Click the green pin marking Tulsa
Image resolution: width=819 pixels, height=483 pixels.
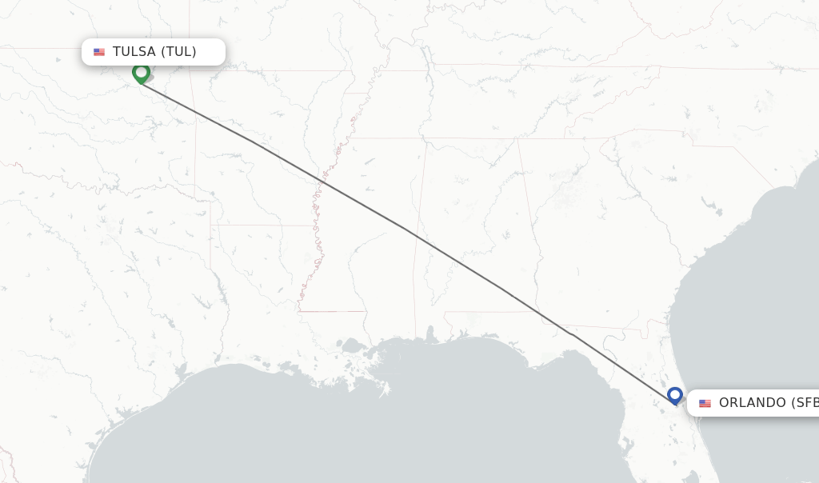tap(142, 73)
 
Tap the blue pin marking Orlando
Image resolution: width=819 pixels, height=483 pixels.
tap(675, 395)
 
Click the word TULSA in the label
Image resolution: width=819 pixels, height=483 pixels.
tap(134, 52)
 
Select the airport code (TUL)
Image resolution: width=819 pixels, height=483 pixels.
tap(178, 52)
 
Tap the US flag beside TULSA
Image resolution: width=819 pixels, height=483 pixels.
tap(99, 52)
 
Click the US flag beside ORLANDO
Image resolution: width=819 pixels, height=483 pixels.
tap(705, 403)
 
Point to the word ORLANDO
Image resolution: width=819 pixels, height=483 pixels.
tap(753, 403)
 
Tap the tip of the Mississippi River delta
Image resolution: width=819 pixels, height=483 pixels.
tap(386, 392)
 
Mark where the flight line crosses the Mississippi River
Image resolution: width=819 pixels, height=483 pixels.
tap(323, 183)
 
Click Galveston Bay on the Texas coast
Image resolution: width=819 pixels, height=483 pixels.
tap(183, 373)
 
